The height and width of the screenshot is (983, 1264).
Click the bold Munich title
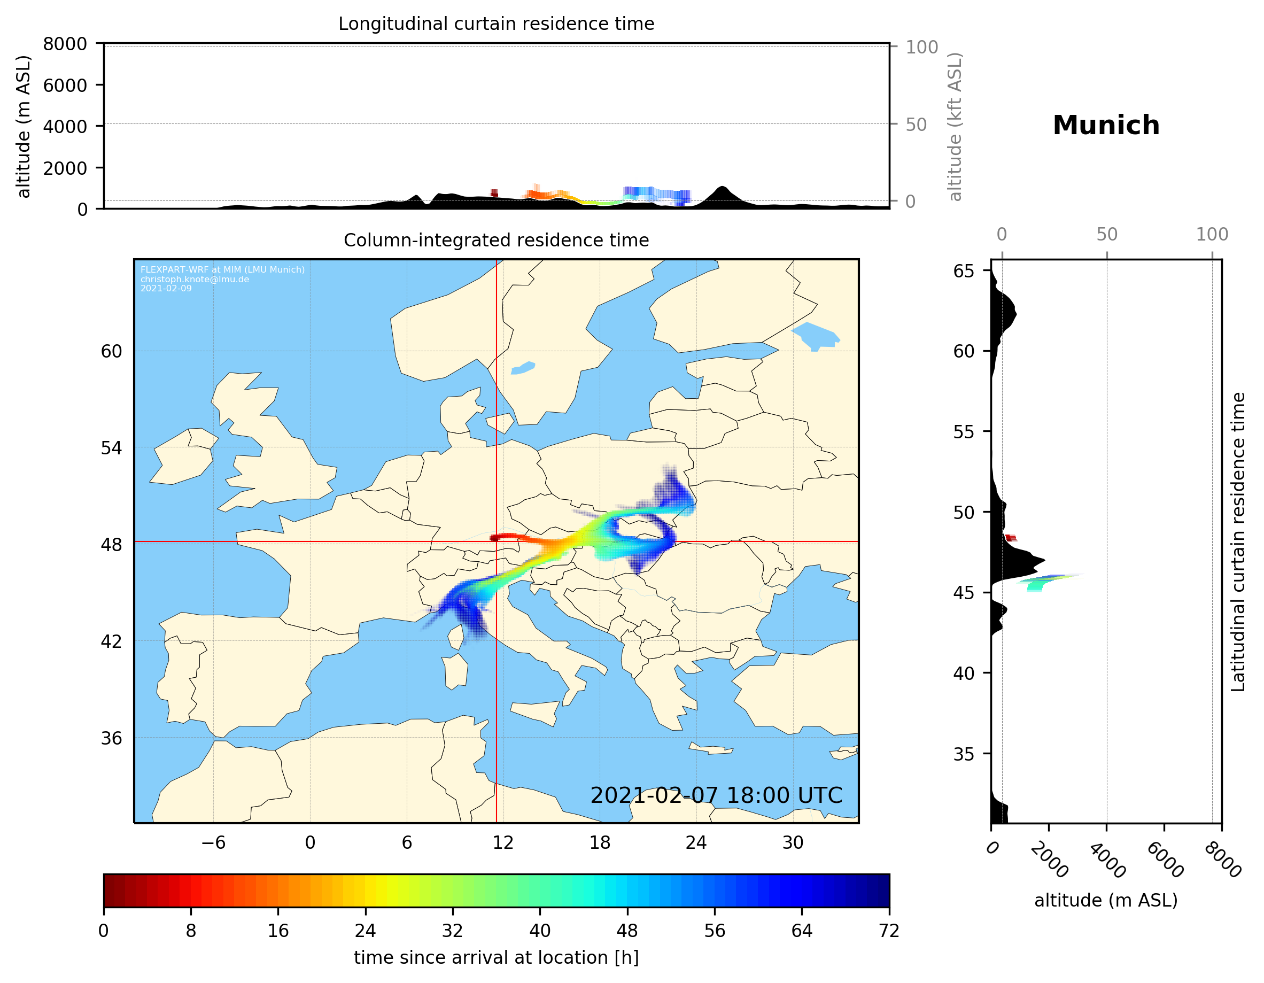click(x=1105, y=126)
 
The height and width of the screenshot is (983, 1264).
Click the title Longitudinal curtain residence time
click(x=496, y=24)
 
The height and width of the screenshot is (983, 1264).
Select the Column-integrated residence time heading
click(x=496, y=240)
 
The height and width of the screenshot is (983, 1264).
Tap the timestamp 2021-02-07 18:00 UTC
click(x=716, y=795)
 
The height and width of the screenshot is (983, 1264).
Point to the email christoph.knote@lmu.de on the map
click(x=195, y=279)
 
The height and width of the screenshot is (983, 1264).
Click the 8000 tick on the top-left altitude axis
click(x=65, y=44)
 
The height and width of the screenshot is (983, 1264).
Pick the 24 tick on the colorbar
click(x=365, y=931)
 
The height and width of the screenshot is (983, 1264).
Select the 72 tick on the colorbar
click(x=888, y=931)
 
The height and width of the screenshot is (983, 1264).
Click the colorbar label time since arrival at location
click(x=496, y=957)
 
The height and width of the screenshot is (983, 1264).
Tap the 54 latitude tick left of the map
click(x=112, y=447)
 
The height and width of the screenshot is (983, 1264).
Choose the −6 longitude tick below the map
click(x=213, y=842)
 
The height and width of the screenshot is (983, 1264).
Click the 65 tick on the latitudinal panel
click(x=963, y=271)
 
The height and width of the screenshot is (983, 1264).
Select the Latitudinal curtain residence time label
click(x=1237, y=541)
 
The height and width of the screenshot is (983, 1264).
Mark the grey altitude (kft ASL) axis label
click(x=955, y=127)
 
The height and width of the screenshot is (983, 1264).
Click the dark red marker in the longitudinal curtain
click(x=494, y=193)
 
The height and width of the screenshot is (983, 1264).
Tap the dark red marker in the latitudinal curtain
click(x=1011, y=538)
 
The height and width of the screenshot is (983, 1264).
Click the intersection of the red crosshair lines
click(x=497, y=542)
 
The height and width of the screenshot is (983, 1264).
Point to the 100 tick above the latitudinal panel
click(x=1212, y=235)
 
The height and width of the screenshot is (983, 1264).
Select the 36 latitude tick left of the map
click(x=112, y=738)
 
